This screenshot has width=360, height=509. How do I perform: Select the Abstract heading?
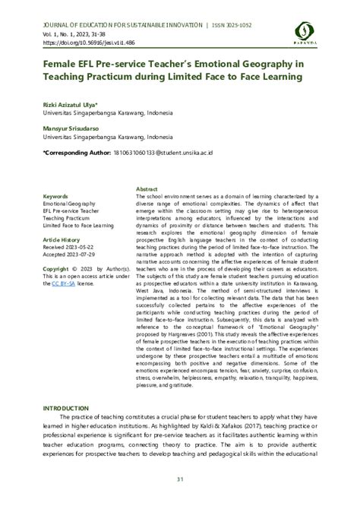point(147,188)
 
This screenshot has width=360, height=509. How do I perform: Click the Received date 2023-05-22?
point(69,247)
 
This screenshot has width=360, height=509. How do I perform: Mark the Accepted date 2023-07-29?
point(69,254)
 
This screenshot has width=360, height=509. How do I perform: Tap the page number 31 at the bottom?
point(180,478)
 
